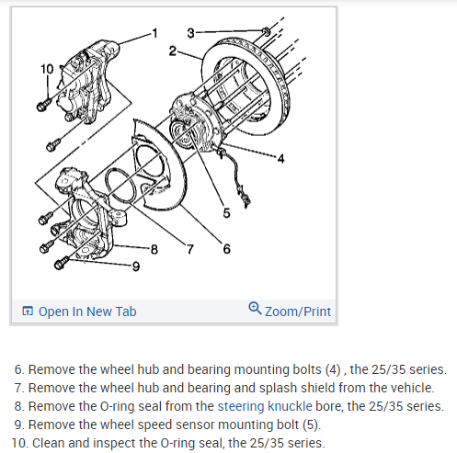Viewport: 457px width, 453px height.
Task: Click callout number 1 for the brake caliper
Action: [154, 33]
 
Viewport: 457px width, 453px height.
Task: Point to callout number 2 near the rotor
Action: [173, 51]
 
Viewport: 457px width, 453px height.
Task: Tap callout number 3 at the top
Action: [190, 33]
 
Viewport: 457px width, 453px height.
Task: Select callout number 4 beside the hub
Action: [280, 159]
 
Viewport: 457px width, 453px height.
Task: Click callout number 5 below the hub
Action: [226, 213]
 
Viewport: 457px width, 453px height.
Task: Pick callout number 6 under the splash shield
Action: [226, 249]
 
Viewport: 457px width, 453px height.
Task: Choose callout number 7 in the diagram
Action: [190, 249]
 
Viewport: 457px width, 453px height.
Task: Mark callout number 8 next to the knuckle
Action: [154, 249]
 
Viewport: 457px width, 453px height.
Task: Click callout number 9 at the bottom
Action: [136, 266]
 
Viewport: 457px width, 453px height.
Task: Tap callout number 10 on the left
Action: [47, 69]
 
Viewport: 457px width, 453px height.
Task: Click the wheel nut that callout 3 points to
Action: [267, 31]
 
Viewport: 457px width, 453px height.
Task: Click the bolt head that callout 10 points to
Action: [41, 106]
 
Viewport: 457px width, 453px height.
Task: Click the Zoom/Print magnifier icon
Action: [255, 308]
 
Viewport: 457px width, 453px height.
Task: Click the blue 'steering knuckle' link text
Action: [265, 406]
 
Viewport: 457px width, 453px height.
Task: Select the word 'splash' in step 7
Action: [276, 388]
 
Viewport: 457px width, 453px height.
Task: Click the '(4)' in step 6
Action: [333, 369]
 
